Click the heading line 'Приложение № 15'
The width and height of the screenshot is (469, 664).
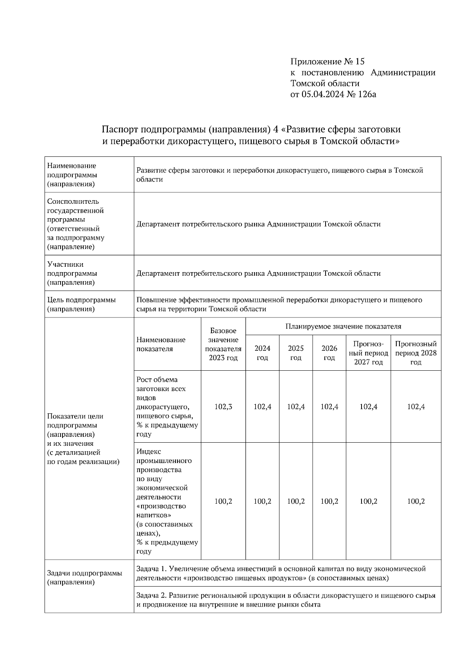point(327,61)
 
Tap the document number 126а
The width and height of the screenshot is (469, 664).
point(367,94)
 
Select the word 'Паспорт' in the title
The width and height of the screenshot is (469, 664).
point(120,129)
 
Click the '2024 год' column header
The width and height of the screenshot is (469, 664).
point(262,353)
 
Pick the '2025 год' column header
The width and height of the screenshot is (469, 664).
point(296,353)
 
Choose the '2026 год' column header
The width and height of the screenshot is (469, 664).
point(329,353)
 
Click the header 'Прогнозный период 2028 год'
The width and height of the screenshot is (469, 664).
point(416,353)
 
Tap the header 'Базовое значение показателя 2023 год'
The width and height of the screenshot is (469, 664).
point(223,345)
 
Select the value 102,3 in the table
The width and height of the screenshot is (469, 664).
point(223,407)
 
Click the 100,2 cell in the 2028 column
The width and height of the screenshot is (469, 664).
point(416,501)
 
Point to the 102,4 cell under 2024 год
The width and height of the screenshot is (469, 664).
point(262,407)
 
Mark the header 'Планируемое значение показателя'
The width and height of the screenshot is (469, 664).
point(343,327)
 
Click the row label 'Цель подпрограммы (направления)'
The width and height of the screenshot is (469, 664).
point(81,305)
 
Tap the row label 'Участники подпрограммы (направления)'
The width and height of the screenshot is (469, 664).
point(72,273)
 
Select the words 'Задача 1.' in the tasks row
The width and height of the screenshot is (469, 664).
point(151,569)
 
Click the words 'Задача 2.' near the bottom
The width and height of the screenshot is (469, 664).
point(151,596)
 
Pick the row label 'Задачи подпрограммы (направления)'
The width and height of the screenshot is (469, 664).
point(84,578)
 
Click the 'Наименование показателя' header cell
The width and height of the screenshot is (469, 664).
point(161,345)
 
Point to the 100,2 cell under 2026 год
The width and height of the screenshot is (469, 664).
point(329,501)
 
